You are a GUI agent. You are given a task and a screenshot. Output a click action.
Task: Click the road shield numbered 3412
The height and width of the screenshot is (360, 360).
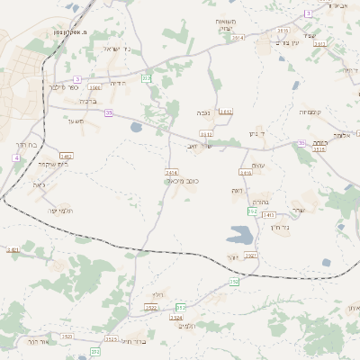(225, 111)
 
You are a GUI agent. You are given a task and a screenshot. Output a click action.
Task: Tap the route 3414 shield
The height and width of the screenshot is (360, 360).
(172, 171)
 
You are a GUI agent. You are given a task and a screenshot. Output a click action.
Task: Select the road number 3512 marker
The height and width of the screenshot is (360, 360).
(319, 149)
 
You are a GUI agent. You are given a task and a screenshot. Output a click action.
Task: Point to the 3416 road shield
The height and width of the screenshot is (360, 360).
(246, 171)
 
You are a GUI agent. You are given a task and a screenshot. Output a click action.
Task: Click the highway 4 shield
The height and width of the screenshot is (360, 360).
(15, 157)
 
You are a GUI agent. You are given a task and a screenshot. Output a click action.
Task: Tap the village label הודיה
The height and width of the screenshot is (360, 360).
(118, 82)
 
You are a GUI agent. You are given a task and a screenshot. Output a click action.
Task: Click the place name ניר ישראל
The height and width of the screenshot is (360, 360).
(117, 49)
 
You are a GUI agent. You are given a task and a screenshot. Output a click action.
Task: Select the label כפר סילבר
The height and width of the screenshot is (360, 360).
(62, 87)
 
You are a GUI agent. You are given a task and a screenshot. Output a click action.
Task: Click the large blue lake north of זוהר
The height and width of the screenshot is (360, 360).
(240, 237)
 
